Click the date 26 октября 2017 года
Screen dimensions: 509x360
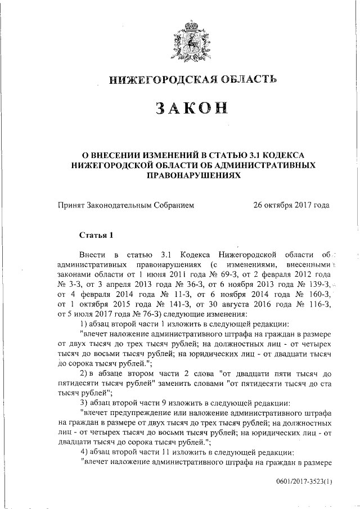point(292,206)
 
